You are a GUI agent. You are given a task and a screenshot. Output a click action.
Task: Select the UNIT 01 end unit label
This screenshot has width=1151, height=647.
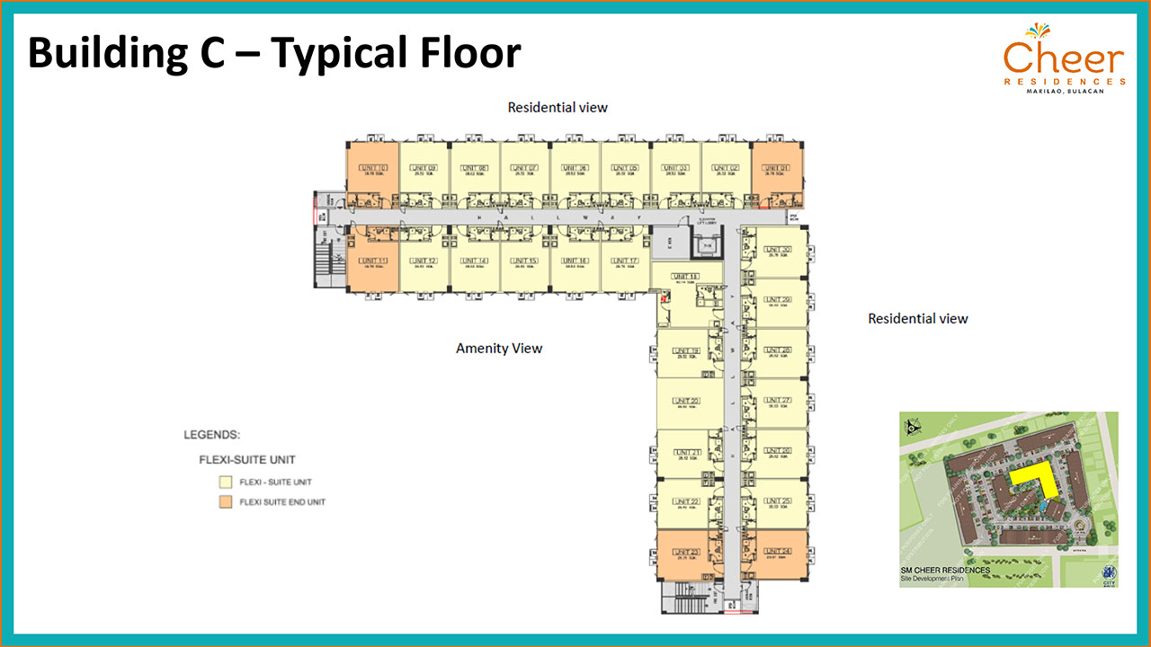pos(778,168)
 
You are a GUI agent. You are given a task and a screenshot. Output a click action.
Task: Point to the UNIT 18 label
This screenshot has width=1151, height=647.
pos(686,277)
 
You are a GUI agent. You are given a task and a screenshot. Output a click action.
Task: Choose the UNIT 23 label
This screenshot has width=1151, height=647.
pos(686,551)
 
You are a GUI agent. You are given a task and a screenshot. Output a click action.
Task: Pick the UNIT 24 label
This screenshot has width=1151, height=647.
pos(779,551)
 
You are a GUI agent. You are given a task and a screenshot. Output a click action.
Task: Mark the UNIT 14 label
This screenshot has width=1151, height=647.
pos(475,261)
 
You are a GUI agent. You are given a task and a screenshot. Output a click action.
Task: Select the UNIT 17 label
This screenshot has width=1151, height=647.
pos(626,261)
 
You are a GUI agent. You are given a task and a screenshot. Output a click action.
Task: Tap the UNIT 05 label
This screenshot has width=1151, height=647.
pos(627,168)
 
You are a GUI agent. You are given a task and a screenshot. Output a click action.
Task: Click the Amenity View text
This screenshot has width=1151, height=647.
pos(499,349)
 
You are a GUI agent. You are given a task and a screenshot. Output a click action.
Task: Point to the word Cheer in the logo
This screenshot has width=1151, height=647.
pos(1064,59)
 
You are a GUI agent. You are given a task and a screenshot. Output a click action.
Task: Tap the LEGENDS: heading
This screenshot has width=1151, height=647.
pos(211,436)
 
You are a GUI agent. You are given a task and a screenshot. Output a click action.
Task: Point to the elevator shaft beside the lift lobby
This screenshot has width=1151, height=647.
pos(705,244)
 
